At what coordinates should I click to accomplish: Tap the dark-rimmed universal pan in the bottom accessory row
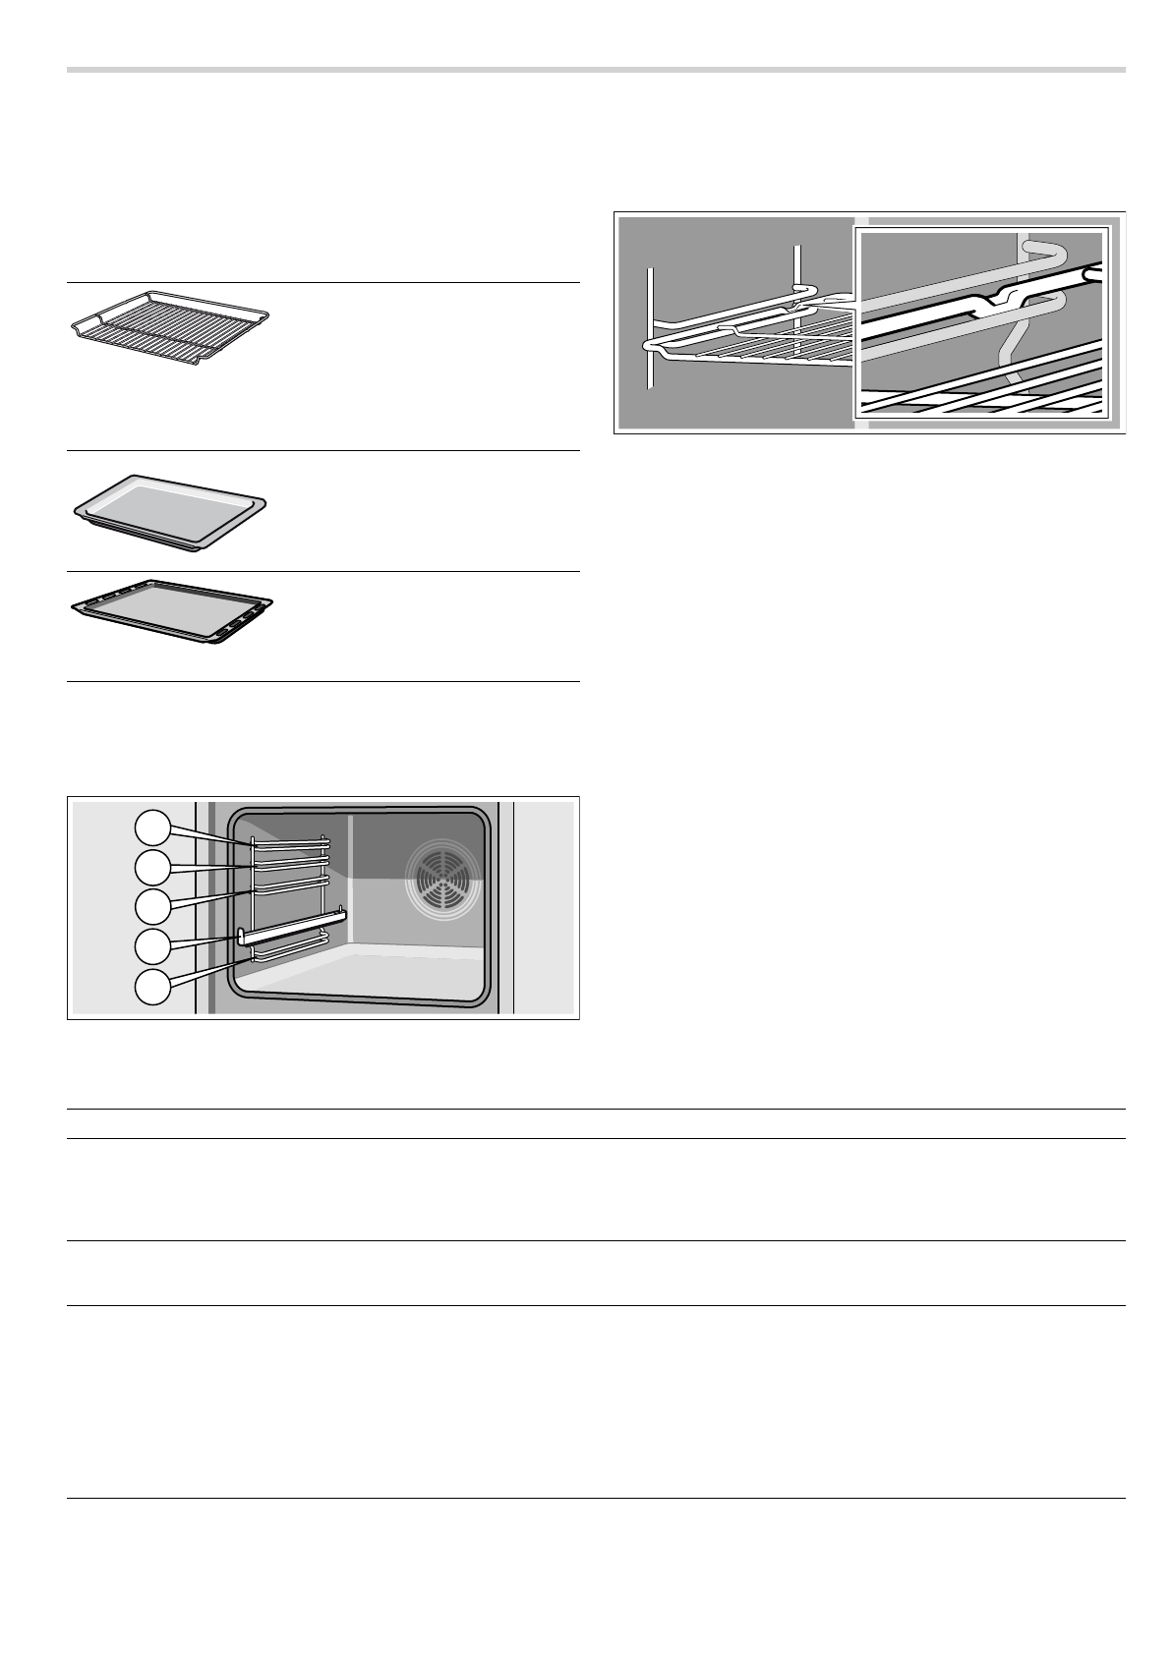(171, 611)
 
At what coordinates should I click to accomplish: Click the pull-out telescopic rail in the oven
(291, 927)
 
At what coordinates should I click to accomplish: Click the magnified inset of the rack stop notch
(982, 322)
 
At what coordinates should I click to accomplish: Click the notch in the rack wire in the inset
(995, 301)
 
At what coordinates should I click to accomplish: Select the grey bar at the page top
(596, 70)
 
